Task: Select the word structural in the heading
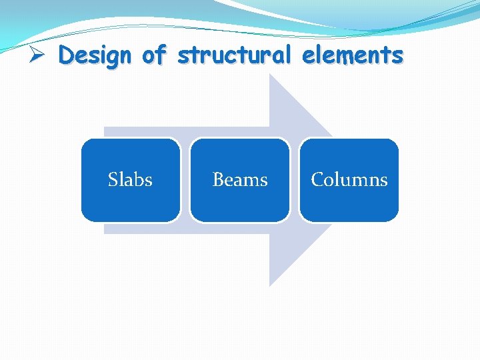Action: coord(234,55)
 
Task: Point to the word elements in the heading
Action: coord(353,55)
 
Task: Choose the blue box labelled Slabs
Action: coord(131,179)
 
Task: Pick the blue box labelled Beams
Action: coord(240,179)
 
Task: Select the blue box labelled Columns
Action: coord(349,179)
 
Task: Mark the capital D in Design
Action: coord(65,55)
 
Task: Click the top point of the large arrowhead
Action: coord(270,75)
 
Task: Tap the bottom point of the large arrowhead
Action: coord(270,285)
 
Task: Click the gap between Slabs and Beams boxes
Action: coord(185,179)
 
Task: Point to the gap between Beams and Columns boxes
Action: coord(295,179)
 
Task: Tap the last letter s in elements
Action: coord(398,55)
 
